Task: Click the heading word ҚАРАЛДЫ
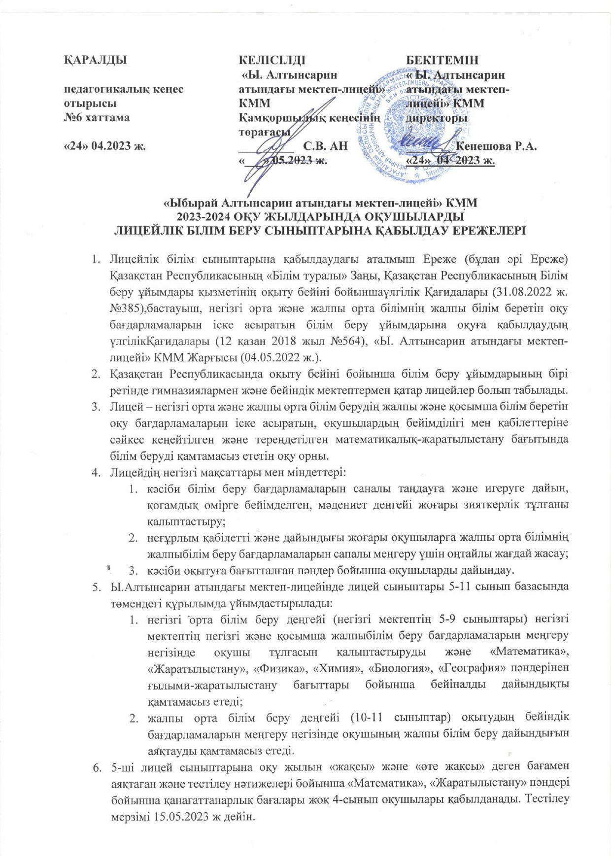[x=96, y=61]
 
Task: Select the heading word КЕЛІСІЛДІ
[x=272, y=61]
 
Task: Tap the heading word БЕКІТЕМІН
[x=442, y=61]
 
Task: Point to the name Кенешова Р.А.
[x=497, y=146]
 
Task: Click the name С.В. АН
[x=326, y=146]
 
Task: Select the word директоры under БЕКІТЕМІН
[x=437, y=118]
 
